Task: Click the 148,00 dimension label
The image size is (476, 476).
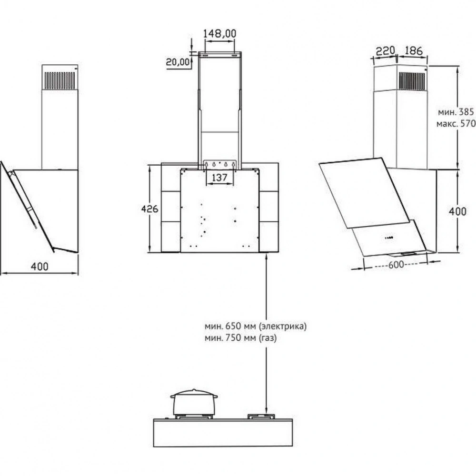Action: pyautogui.click(x=219, y=33)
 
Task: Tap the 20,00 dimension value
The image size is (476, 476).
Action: pyautogui.click(x=178, y=62)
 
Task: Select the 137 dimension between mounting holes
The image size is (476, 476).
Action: pyautogui.click(x=219, y=177)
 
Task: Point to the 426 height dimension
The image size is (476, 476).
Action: pyautogui.click(x=149, y=208)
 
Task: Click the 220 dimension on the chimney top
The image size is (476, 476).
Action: pyautogui.click(x=385, y=51)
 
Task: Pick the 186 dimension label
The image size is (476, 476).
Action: pyautogui.click(x=414, y=50)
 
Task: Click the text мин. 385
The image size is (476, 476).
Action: pyautogui.click(x=456, y=112)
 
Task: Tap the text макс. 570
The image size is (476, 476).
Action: pyautogui.click(x=456, y=124)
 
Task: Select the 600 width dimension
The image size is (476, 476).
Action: pyautogui.click(x=396, y=265)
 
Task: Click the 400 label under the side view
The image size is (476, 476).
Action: pyautogui.click(x=40, y=267)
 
